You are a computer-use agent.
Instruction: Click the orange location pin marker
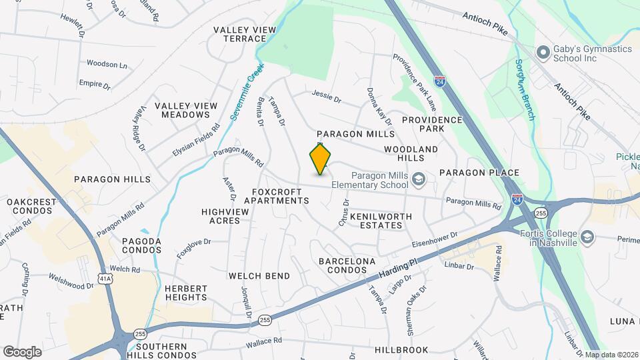pos(320,159)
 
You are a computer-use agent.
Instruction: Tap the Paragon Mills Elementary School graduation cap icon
pos(418,179)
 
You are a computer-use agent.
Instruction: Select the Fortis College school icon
pos(587,237)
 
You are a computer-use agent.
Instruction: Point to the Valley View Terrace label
pos(240,34)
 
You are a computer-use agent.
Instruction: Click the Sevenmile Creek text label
pos(247,91)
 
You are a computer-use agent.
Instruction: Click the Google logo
pos(22,351)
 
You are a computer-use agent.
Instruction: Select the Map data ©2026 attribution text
pos(611,355)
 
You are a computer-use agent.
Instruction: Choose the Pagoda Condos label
pos(141,245)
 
